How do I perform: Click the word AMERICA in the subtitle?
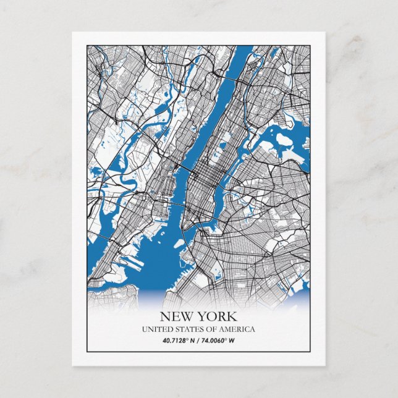(235, 329)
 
